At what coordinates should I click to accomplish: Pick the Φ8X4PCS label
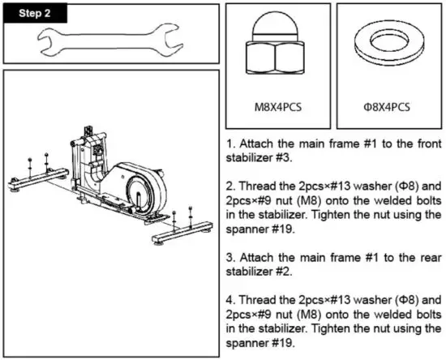coord(387,106)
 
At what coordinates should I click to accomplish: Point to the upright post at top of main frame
coord(90,134)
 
